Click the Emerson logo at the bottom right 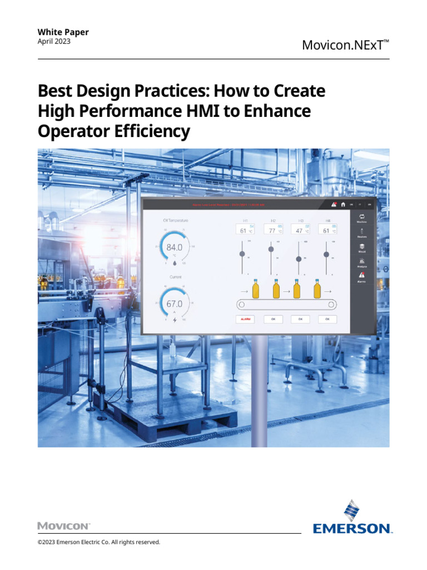coord(352,517)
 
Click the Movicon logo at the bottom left coord(63,525)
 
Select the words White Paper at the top coord(63,32)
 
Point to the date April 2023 coord(54,41)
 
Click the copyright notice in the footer coord(99,542)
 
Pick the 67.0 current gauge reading coord(174,304)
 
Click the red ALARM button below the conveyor coord(245,319)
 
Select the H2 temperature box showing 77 coord(274,229)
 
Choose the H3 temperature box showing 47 coord(301,229)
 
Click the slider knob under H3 coord(299,259)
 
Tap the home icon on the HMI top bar coord(343,204)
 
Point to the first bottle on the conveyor coord(256,289)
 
